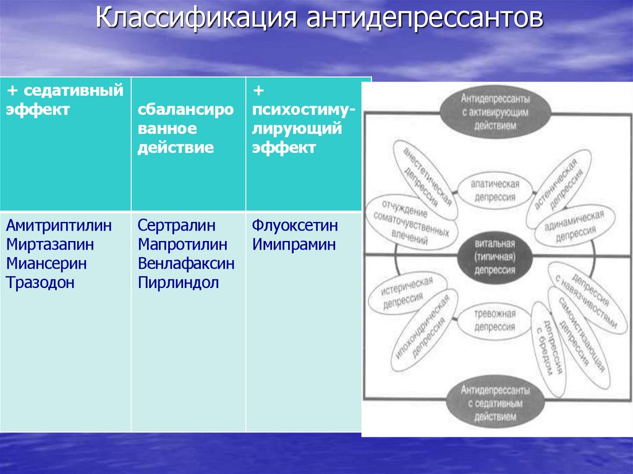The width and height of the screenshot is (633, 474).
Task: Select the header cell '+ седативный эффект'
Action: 65,101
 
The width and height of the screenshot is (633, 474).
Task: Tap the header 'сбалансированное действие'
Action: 185,129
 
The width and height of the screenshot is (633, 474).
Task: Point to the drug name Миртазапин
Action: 51,244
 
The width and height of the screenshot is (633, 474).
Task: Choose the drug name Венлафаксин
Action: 186,264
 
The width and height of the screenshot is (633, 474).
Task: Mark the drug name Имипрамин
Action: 294,244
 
